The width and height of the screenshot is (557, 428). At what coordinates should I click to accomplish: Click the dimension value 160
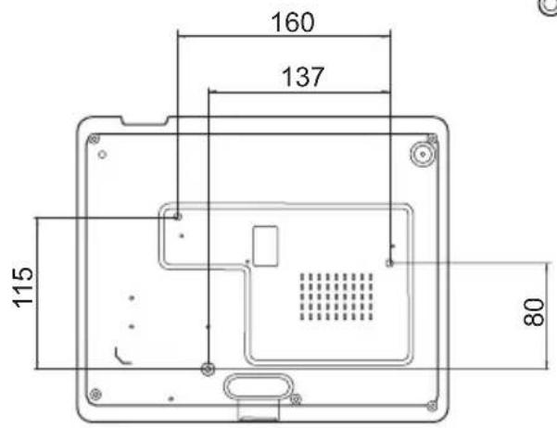293,22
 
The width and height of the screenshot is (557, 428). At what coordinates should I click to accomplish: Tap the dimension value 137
303,77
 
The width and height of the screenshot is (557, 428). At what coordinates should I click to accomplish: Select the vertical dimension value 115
23,287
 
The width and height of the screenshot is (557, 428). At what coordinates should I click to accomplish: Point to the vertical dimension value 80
534,312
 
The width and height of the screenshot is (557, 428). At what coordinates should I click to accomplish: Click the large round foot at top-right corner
423,154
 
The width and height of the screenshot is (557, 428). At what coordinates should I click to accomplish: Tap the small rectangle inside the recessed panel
265,245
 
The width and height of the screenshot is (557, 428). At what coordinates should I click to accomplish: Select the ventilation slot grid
336,296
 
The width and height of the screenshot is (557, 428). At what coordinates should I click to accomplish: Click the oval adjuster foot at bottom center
259,386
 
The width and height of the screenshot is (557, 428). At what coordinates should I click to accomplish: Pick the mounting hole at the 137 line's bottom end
208,369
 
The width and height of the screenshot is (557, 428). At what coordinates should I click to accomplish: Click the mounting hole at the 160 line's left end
178,216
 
